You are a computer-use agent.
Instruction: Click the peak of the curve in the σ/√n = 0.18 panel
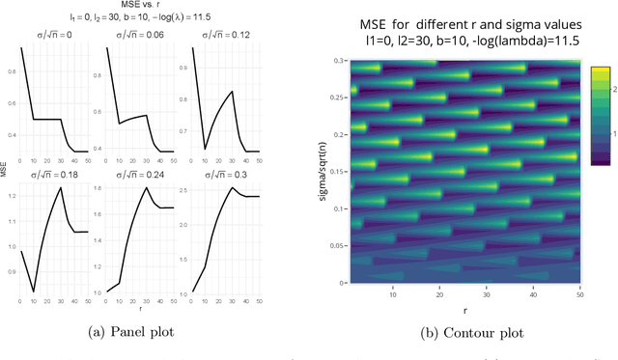click(62, 188)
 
